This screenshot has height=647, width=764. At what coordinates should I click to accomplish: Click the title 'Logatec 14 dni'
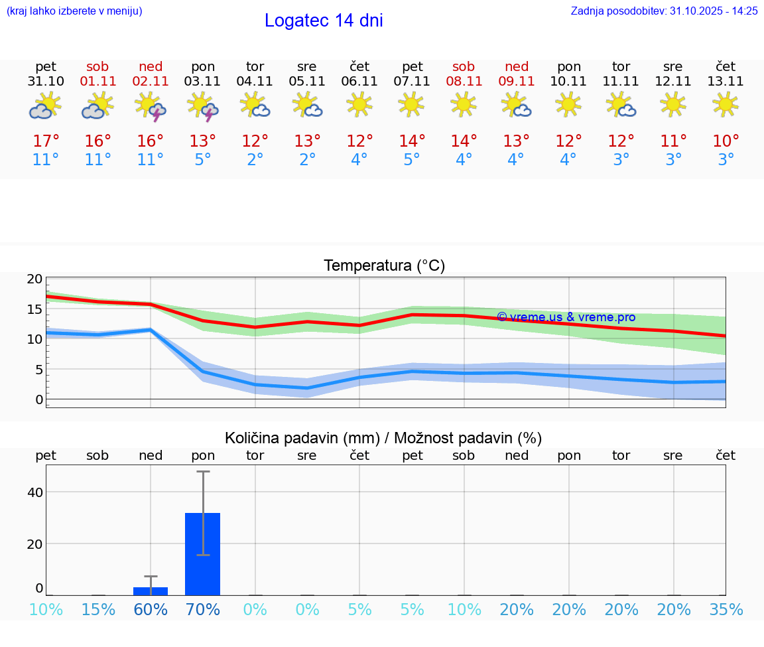324,21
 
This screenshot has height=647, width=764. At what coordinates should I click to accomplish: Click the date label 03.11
203,82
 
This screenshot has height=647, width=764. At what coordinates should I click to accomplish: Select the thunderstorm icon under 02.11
151,106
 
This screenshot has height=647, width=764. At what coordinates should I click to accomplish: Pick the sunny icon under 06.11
359,104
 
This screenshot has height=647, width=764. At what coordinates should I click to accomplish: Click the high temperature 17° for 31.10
46,141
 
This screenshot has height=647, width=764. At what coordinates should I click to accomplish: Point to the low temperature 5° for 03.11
203,160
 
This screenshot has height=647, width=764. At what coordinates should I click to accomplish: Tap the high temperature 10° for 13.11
726,141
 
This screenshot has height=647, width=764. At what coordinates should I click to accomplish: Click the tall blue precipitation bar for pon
203,553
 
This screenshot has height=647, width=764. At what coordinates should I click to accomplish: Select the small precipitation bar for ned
151,591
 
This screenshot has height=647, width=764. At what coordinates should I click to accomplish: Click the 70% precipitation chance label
203,610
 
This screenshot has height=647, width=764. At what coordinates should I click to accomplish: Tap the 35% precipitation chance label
726,610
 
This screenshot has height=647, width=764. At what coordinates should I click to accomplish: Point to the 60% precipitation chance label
151,610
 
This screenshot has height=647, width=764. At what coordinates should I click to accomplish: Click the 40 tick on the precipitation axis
34,492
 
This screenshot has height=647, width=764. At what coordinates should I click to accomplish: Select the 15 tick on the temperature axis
34,309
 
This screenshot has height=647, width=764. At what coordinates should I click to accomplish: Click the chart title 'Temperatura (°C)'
384,266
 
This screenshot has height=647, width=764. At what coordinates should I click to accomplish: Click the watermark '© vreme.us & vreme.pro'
566,317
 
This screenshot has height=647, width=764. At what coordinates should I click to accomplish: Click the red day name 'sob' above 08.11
464,67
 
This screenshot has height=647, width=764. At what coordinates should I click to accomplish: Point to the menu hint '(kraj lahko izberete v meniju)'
74,11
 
